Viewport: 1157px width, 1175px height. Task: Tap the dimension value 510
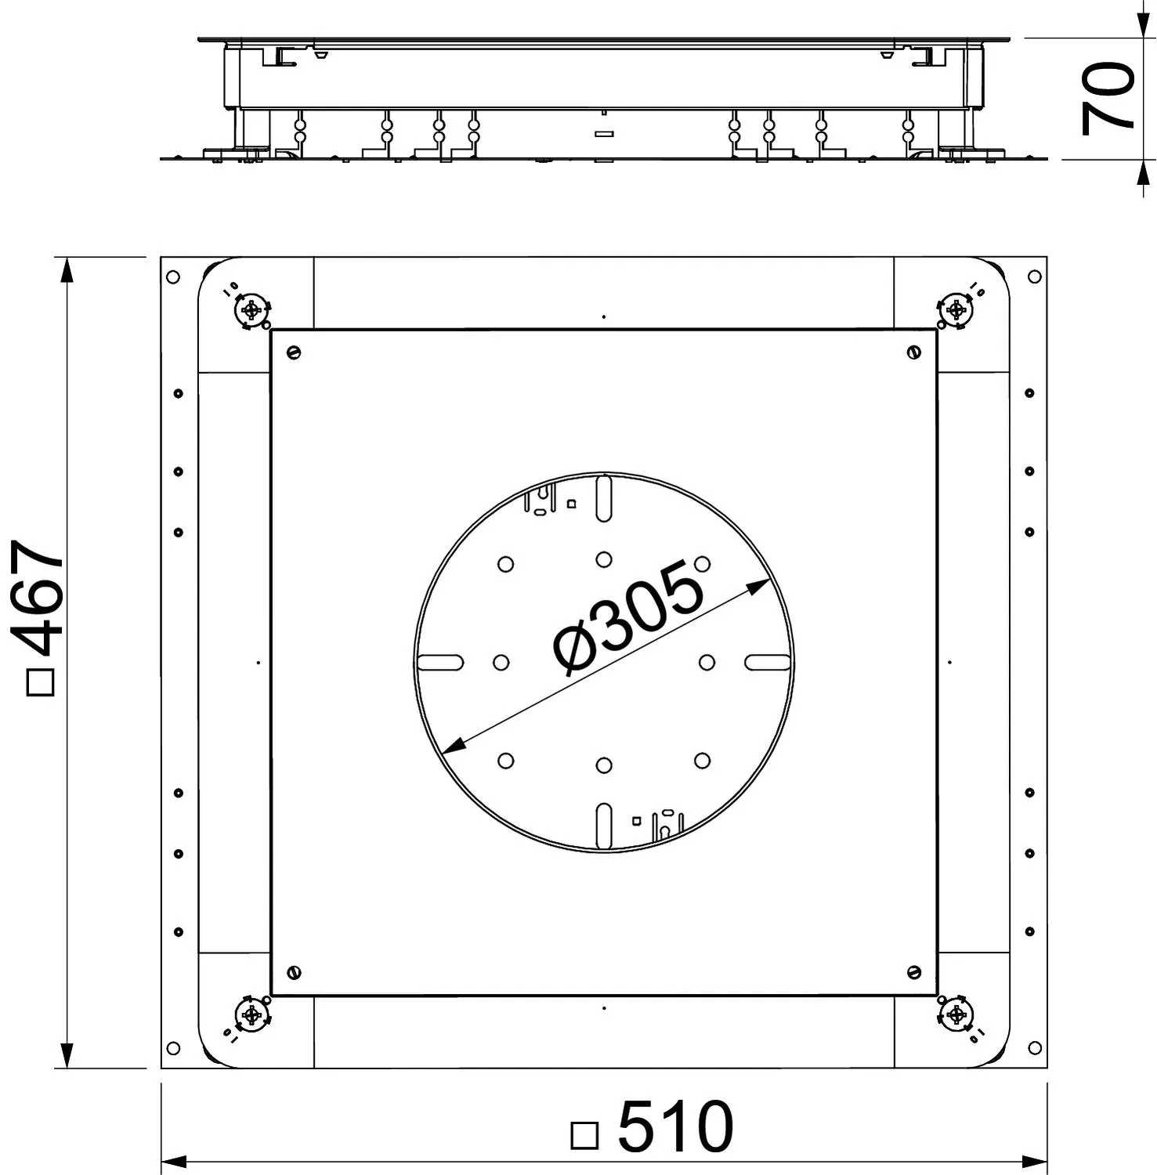[x=675, y=1126]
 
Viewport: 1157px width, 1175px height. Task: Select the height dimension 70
[x=1108, y=99]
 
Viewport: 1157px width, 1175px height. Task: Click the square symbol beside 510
[x=584, y=1135]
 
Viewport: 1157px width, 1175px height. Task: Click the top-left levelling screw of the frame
[x=251, y=311]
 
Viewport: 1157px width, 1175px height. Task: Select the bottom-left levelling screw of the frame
[x=251, y=1015]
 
